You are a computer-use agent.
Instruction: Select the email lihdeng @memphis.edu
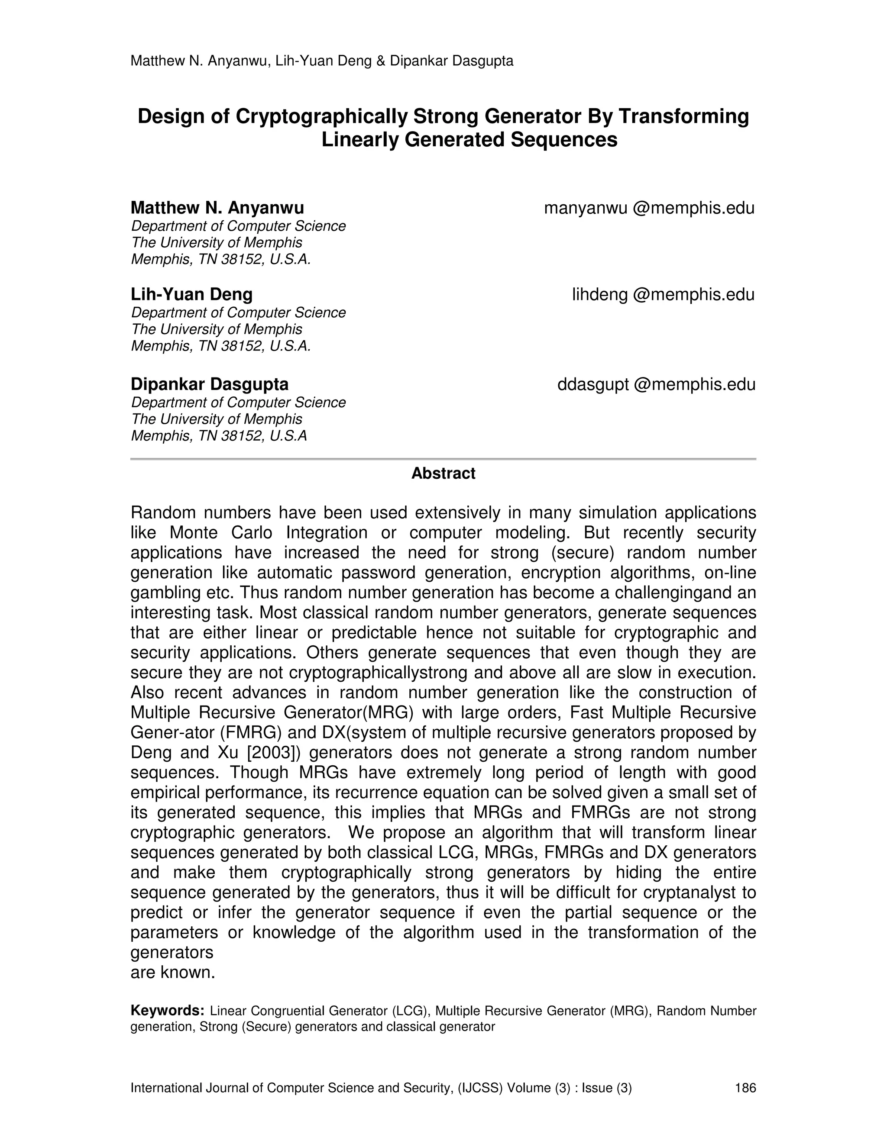[x=663, y=295]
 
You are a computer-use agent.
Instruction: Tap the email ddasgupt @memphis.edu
[x=656, y=385]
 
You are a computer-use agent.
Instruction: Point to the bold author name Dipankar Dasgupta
[x=209, y=384]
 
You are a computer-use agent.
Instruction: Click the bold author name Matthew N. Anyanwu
[x=217, y=208]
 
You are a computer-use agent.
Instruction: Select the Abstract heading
[x=443, y=474]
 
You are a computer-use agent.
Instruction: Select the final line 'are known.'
[x=173, y=973]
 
